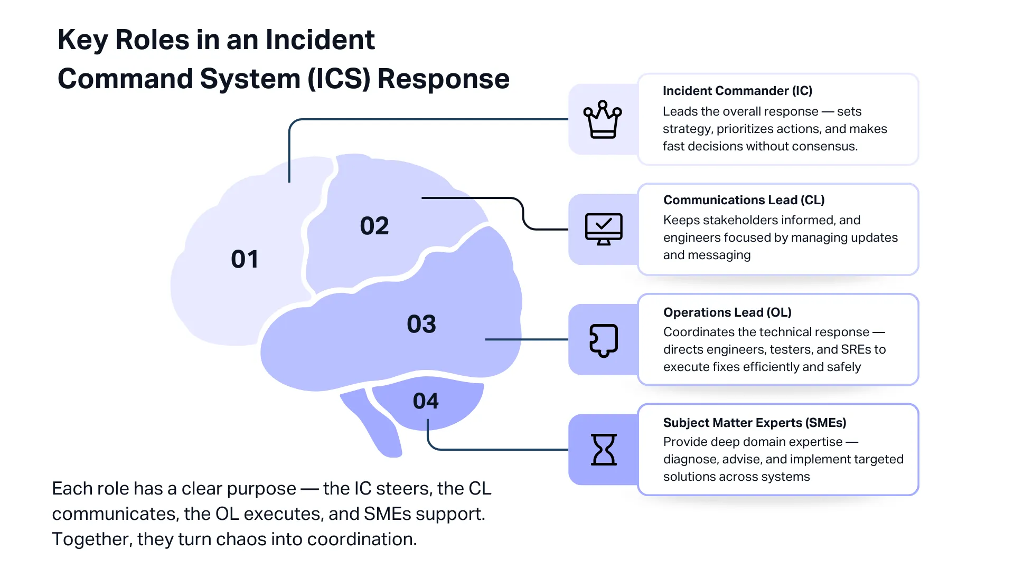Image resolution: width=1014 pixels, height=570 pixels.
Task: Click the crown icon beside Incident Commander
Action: pos(603,120)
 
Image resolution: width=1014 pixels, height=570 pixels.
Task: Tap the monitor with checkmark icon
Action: pos(604,229)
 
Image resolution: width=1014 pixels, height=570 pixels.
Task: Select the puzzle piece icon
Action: pos(604,340)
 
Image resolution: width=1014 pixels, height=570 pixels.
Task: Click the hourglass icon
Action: pos(604,450)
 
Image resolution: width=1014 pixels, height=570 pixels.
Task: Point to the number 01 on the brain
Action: pos(245,259)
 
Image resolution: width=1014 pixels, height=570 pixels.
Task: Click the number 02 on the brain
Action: pos(374,226)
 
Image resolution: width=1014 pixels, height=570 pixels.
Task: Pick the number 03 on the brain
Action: pos(421,324)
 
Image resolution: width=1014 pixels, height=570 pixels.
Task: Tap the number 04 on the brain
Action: pos(426,401)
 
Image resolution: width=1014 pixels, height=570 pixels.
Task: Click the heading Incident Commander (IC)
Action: pos(737,91)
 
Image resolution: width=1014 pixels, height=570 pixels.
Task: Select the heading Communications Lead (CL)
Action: pos(744,200)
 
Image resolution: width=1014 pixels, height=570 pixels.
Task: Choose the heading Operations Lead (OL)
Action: pos(727,312)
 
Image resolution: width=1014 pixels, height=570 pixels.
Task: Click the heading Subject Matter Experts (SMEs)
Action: pos(754,423)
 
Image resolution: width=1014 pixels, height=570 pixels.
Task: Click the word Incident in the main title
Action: pos(320,40)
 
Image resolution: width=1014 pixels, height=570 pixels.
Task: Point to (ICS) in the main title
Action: pos(339,79)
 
